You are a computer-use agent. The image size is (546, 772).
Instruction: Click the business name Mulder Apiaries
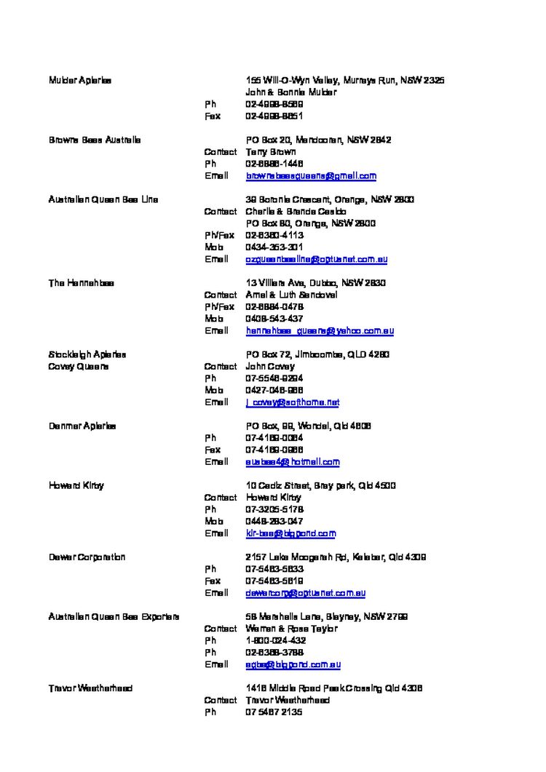pyautogui.click(x=80, y=80)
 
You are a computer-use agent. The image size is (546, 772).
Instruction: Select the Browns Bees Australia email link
pyautogui.click(x=311, y=176)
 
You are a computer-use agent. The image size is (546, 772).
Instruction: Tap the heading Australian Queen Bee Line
pyautogui.click(x=103, y=199)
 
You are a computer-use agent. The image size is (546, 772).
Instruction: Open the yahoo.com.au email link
pyautogui.click(x=320, y=331)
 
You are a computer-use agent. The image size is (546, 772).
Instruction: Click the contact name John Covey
pyautogui.click(x=270, y=367)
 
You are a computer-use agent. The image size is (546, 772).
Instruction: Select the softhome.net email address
pyautogui.click(x=293, y=402)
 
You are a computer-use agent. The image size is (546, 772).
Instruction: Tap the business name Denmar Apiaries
pyautogui.click(x=82, y=426)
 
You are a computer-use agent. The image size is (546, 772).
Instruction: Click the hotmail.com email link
pyautogui.click(x=293, y=462)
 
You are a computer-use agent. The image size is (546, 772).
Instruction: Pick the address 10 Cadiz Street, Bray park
pyautogui.click(x=320, y=485)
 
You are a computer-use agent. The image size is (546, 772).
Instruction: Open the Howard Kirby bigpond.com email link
pyautogui.click(x=290, y=533)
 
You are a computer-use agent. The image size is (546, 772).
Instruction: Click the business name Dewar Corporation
pyautogui.click(x=87, y=557)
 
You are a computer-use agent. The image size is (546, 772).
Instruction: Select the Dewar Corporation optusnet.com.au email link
pyautogui.click(x=306, y=593)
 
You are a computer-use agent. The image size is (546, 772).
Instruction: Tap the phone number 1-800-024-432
pyautogui.click(x=275, y=641)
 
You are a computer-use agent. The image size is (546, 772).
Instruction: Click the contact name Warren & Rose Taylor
pyautogui.click(x=291, y=629)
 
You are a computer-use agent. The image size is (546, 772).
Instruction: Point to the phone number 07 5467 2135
pyautogui.click(x=274, y=712)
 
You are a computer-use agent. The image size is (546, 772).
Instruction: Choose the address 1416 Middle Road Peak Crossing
pyautogui.click(x=334, y=688)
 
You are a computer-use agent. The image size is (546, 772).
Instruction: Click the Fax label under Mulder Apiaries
pyautogui.click(x=213, y=116)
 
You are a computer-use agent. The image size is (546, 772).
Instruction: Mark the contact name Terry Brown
pyautogui.click(x=271, y=152)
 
